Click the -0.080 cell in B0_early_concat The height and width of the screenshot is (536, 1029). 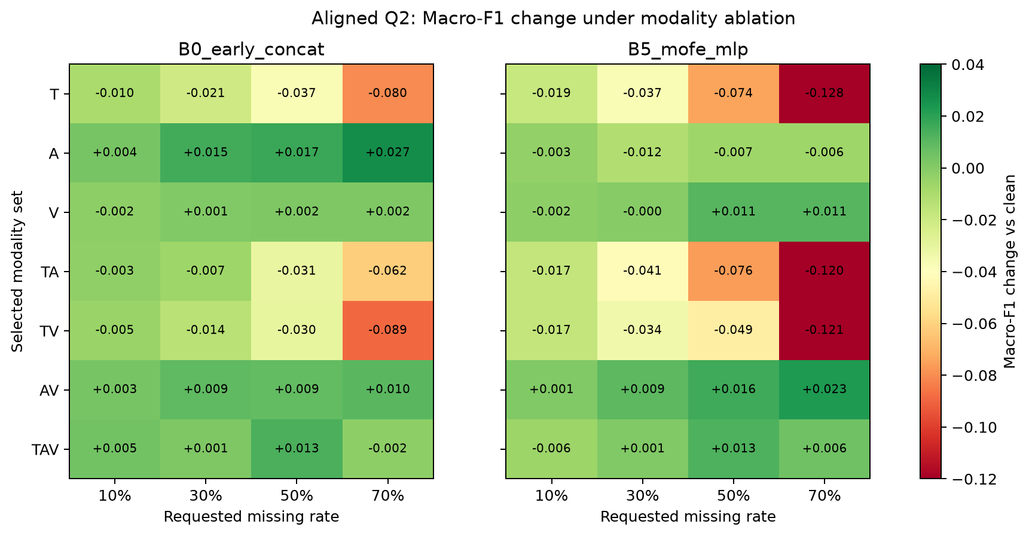click(388, 93)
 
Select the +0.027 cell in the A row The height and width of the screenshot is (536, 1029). click(388, 153)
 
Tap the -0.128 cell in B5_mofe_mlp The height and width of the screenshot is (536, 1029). click(825, 93)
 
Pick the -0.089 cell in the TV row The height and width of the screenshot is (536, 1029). click(388, 330)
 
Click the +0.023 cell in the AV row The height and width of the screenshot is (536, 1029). click(825, 389)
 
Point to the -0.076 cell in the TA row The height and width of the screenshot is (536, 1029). click(734, 271)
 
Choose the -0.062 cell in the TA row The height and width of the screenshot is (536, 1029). click(388, 271)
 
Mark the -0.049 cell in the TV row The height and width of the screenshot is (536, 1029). click(734, 330)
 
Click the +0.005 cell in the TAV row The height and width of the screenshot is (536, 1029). click(115, 449)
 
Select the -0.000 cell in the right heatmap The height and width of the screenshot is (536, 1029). click(643, 212)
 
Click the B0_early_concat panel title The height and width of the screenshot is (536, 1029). click(251, 50)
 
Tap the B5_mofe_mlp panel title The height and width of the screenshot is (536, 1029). click(688, 50)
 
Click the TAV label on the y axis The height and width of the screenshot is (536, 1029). click(45, 449)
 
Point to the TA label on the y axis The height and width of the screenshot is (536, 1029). click(51, 272)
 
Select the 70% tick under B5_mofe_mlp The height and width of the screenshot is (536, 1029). click(825, 496)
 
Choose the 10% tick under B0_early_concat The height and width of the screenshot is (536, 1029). click(115, 496)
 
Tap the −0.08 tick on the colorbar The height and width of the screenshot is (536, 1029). click(970, 376)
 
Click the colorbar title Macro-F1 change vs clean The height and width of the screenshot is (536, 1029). click(1010, 272)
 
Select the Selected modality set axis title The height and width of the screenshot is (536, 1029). click(17, 272)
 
